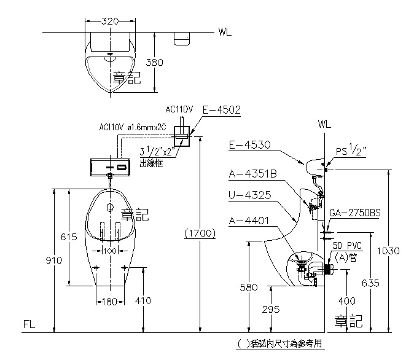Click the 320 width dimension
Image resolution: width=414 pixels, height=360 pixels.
tap(110, 21)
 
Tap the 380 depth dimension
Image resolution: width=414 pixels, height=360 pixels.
tap(154, 62)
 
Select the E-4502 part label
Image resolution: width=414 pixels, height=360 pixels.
tap(222, 109)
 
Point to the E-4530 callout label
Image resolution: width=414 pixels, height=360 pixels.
tap(249, 145)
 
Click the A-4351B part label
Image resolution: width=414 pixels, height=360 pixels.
tap(252, 174)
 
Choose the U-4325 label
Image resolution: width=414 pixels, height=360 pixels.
tap(250, 195)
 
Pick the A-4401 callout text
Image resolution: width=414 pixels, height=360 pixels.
tap(249, 221)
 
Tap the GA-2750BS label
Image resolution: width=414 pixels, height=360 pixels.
tap(355, 213)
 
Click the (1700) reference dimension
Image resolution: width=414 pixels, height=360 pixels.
tap(200, 233)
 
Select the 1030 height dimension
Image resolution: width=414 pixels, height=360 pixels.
tap(388, 251)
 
